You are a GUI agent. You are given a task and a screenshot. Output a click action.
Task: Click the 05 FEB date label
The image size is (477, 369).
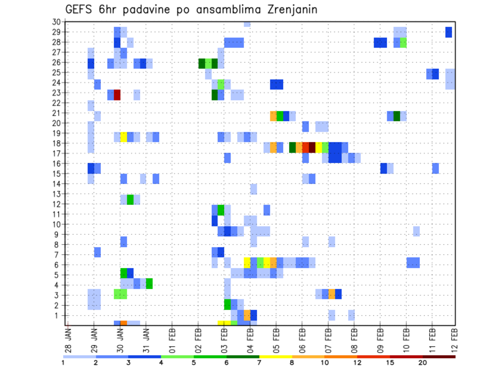click(276, 336)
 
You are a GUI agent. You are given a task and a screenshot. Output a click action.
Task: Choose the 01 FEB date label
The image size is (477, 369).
click(172, 336)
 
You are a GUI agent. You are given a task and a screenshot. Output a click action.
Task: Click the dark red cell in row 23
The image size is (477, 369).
click(117, 94)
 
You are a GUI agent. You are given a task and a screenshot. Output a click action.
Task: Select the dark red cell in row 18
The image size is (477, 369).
click(312, 148)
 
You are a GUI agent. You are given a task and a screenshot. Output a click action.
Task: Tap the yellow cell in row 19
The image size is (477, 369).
click(124, 137)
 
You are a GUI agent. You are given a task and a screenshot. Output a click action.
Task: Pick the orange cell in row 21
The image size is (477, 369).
click(273, 116)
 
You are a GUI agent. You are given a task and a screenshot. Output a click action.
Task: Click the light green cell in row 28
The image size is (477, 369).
click(403, 42)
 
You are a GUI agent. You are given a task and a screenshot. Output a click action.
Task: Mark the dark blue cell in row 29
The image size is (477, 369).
click(449, 32)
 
